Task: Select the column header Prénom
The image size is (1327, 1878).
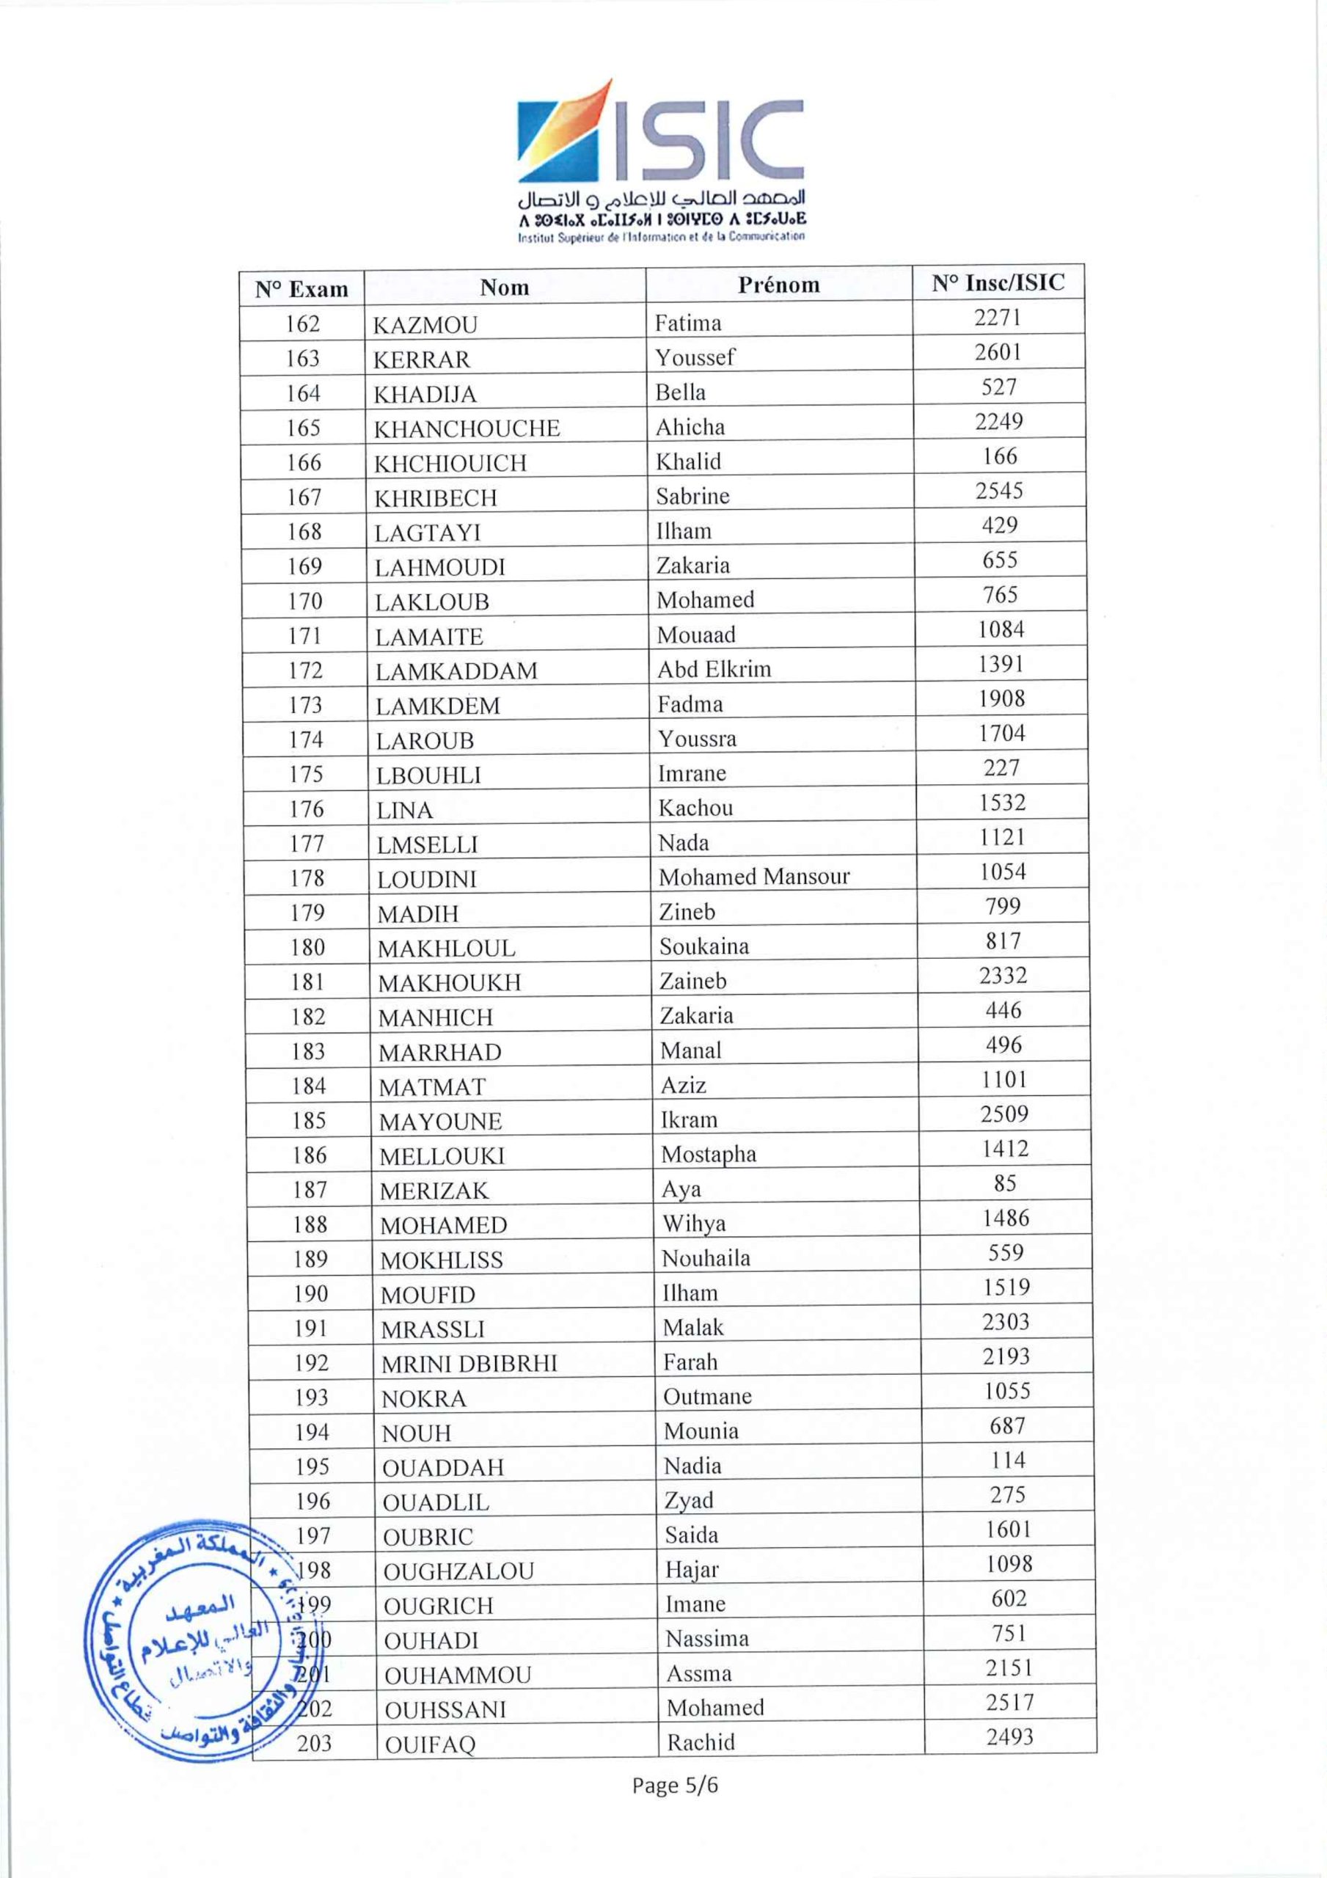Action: tap(778, 285)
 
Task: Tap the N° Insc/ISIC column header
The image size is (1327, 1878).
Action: tap(998, 283)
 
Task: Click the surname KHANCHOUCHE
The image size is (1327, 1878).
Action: tap(467, 428)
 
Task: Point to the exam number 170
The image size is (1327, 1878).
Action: tap(304, 602)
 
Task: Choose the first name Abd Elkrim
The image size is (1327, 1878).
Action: tap(714, 669)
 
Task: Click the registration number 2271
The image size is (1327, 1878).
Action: tap(998, 318)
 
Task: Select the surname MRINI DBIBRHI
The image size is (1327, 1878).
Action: tap(469, 1364)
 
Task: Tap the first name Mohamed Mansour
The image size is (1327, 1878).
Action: tap(753, 877)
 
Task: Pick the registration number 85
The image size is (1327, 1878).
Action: tap(1005, 1183)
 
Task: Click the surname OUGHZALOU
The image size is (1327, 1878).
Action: tap(458, 1571)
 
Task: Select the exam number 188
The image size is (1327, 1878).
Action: tap(310, 1224)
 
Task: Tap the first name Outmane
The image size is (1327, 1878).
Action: tap(707, 1396)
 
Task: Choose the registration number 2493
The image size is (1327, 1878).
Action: tap(1009, 1736)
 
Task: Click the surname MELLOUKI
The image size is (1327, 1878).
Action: tap(442, 1155)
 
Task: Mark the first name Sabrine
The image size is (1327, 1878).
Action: tap(692, 497)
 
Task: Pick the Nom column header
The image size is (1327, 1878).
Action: tap(504, 287)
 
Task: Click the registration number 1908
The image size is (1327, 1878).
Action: tap(1001, 698)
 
